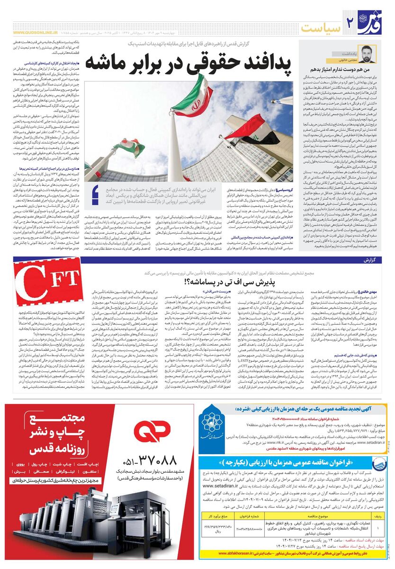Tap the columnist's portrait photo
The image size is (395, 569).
tap(367, 55)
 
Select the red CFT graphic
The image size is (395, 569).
tap(43, 290)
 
